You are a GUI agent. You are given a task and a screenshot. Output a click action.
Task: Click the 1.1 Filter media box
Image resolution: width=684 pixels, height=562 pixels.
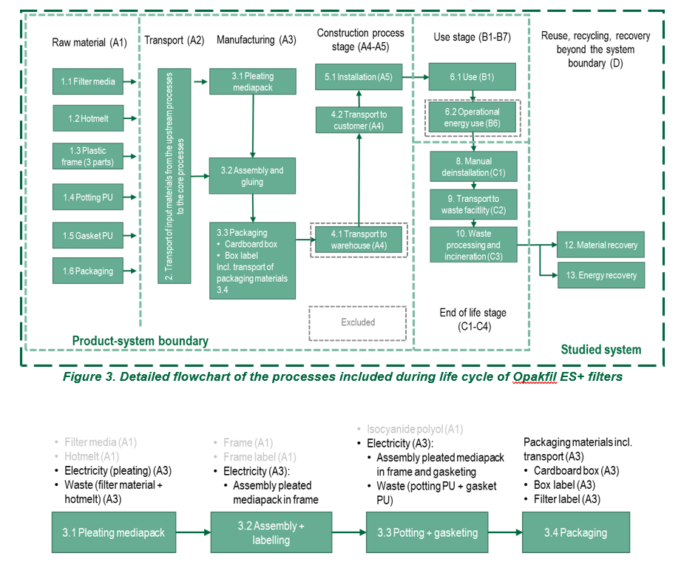click(x=88, y=81)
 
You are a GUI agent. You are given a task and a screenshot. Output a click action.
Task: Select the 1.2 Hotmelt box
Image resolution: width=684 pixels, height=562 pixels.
click(x=88, y=118)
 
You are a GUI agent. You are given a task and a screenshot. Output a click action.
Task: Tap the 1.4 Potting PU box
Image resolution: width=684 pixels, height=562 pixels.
click(x=88, y=197)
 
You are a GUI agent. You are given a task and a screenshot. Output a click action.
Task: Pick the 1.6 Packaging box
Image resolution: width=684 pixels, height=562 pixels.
click(x=88, y=271)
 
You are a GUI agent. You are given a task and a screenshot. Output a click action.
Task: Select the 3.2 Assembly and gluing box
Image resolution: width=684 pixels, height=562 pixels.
click(x=252, y=176)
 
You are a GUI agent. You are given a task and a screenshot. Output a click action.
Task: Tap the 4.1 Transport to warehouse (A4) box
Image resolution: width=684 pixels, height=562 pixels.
click(x=359, y=240)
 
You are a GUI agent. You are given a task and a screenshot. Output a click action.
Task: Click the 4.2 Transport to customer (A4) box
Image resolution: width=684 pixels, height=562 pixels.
click(x=359, y=120)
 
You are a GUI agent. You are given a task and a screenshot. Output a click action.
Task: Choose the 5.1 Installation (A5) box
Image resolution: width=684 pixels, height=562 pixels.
click(x=359, y=77)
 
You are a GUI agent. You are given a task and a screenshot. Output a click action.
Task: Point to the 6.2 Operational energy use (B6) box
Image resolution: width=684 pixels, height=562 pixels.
click(x=472, y=118)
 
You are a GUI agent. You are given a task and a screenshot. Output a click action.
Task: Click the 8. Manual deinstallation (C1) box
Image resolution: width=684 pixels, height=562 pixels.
click(x=472, y=166)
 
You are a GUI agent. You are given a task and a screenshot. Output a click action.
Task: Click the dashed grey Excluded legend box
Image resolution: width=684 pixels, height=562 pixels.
click(x=358, y=322)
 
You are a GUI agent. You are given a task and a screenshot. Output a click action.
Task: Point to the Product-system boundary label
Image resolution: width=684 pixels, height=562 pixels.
click(x=140, y=341)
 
